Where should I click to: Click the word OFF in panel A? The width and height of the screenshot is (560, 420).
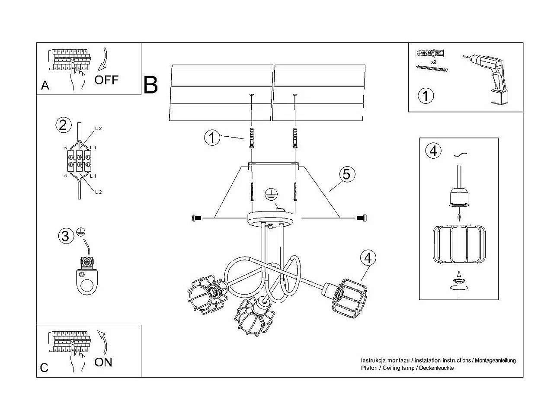[106, 80]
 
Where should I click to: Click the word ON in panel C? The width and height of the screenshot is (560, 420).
[103, 362]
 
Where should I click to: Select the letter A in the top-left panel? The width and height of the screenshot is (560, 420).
[45, 86]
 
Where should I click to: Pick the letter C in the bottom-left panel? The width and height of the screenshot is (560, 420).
[44, 368]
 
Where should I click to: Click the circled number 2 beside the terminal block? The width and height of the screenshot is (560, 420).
[63, 125]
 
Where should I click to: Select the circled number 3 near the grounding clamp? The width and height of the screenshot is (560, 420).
[65, 236]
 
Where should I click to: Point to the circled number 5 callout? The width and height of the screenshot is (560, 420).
[346, 174]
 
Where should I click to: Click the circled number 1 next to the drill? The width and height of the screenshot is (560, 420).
[426, 96]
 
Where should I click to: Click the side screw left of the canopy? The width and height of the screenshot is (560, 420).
[196, 218]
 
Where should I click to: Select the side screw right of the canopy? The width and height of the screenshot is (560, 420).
[361, 218]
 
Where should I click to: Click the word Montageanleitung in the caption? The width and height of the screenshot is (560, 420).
[496, 360]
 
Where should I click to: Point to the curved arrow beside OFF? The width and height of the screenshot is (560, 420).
[103, 60]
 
